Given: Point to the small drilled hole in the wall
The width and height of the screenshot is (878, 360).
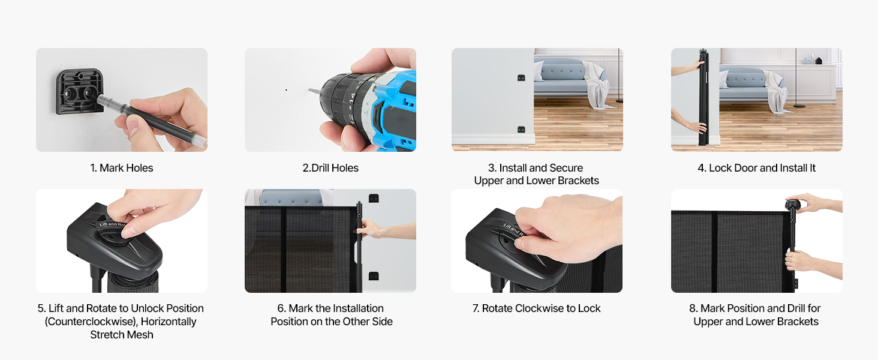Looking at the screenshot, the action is coord(286,90).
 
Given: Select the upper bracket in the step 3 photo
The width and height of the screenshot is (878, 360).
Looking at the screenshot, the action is coord(521,77).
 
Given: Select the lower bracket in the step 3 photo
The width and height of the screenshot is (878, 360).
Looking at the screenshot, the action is coord(521,129).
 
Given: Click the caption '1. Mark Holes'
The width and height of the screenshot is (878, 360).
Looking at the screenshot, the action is coord(122,168).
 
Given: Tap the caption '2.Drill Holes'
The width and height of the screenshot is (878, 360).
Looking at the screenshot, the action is coord(330,168).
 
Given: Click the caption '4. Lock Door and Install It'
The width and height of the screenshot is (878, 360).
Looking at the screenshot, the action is coord(756,168).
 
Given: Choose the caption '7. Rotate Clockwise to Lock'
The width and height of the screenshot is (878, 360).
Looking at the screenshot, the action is coord(536,308).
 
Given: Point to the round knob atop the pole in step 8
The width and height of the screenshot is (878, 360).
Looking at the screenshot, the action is coord(793,205).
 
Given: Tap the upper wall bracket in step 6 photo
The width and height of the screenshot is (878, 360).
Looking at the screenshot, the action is coord(374,197).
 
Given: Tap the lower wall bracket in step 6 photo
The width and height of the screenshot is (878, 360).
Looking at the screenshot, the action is coord(374,275).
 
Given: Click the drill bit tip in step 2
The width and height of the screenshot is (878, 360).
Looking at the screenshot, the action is coord(309,90).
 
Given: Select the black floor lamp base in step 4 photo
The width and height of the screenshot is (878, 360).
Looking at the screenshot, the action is coord(799,106).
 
